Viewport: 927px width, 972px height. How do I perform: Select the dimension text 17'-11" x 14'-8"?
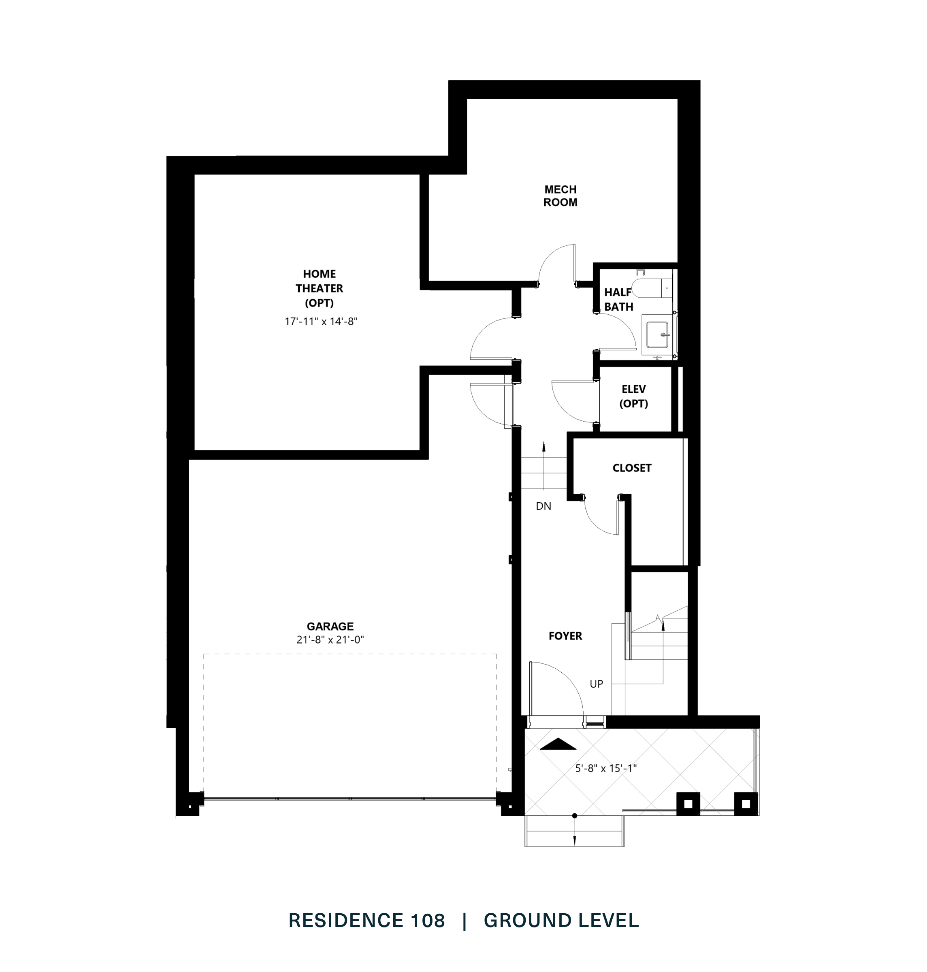(321, 322)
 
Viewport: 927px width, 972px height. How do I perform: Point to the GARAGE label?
(330, 626)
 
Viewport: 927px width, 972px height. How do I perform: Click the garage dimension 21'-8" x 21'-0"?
(330, 639)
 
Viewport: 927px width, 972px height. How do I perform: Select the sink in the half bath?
(657, 335)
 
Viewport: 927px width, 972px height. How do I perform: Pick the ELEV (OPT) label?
(633, 396)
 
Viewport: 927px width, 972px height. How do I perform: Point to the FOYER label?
(565, 636)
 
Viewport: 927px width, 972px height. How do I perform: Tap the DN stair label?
(543, 506)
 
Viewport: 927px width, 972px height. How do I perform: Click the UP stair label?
(596, 684)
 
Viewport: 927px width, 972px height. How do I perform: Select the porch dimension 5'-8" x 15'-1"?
(606, 768)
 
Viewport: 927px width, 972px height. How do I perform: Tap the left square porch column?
(688, 804)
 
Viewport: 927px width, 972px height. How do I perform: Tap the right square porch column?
(746, 804)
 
